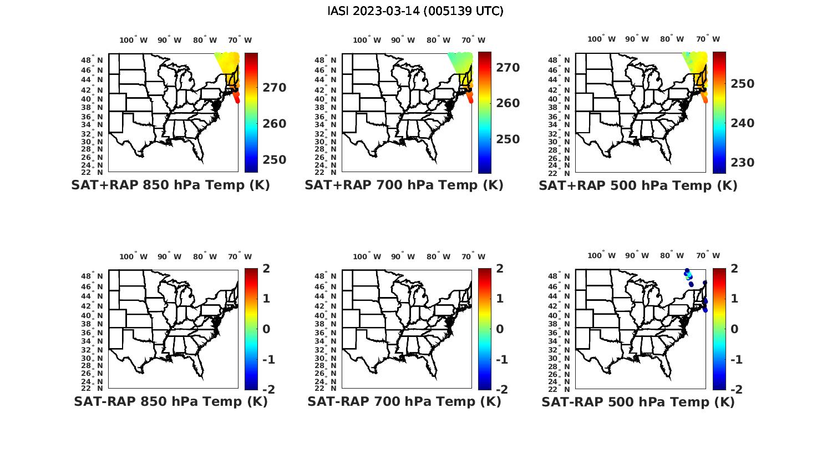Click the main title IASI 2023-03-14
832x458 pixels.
click(x=415, y=11)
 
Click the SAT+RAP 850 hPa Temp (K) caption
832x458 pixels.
click(x=170, y=185)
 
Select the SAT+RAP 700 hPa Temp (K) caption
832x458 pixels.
click(x=404, y=185)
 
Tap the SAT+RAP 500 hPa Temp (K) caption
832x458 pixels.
click(x=638, y=186)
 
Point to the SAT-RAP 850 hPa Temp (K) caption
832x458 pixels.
click(x=171, y=401)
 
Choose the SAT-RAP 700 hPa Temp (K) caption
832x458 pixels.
click(x=404, y=401)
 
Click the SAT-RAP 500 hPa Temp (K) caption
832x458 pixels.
click(x=638, y=402)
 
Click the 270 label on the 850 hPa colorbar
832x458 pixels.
click(x=275, y=88)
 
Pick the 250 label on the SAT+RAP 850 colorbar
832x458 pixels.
click(x=275, y=160)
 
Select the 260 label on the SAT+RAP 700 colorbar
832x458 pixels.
click(x=508, y=103)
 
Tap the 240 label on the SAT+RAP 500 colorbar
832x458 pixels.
click(x=742, y=123)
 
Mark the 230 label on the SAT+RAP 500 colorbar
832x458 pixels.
click(x=742, y=163)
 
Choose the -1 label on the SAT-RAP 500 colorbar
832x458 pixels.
click(x=735, y=360)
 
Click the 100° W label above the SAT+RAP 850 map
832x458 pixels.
click(x=134, y=40)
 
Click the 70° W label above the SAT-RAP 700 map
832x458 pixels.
click(x=471, y=256)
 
